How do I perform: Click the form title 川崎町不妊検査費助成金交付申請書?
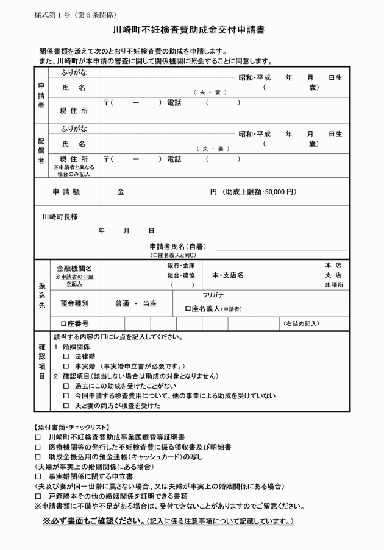pyautogui.click(x=191, y=29)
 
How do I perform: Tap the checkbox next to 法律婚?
pyautogui.click(x=66, y=356)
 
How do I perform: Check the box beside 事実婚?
pyautogui.click(x=66, y=366)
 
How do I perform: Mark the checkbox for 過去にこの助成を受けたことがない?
pyautogui.click(x=66, y=386)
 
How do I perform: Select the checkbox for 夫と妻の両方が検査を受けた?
pyautogui.click(x=66, y=406)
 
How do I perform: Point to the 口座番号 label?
pyautogui.click(x=74, y=323)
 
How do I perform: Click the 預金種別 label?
pyautogui.click(x=74, y=303)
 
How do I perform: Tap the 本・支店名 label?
pyautogui.click(x=227, y=275)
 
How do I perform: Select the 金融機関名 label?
pyautogui.click(x=74, y=268)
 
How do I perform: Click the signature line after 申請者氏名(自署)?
pyautogui.click(x=281, y=249)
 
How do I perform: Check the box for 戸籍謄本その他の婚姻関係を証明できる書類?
pyautogui.click(x=38, y=496)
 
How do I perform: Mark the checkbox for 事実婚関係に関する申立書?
pyautogui.click(x=38, y=476)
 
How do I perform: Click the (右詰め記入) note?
pyautogui.click(x=301, y=323)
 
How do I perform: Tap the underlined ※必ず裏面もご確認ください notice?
pyautogui.click(x=93, y=521)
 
